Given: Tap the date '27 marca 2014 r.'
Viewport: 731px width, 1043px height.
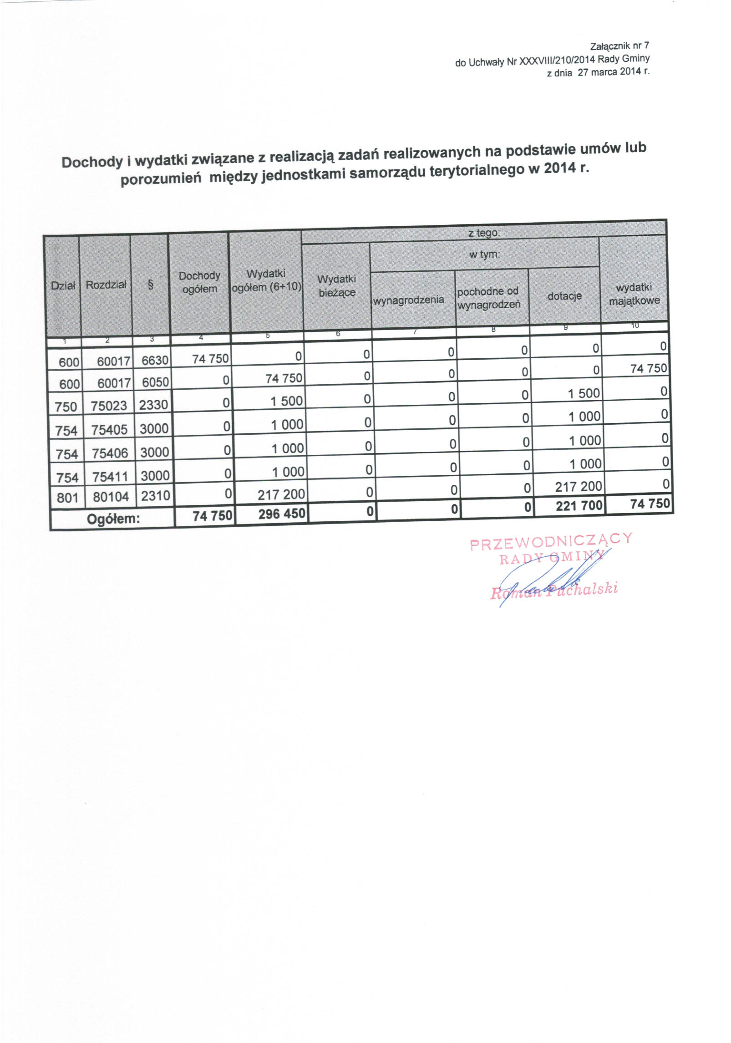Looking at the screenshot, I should [x=614, y=72].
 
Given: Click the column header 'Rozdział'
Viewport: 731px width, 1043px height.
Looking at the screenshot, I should [x=106, y=285].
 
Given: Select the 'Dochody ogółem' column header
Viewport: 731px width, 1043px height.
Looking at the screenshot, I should [x=199, y=282].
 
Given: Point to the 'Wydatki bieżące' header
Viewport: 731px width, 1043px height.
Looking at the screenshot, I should [x=337, y=286].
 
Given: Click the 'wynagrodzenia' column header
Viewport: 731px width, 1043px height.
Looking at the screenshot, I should [x=408, y=300].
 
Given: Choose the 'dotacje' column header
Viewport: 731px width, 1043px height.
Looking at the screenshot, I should [x=564, y=296].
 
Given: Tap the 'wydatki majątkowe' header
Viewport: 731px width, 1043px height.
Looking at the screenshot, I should [x=634, y=294].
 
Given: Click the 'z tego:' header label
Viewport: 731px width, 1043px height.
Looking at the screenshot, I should [x=484, y=233].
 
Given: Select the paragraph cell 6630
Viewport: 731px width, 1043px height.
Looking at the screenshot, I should [x=155, y=361].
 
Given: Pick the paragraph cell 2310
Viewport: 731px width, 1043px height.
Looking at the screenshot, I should [x=155, y=496].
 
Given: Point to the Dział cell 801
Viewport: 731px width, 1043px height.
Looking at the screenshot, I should [x=67, y=498].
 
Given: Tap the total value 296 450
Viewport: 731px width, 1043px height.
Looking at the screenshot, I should [x=282, y=514].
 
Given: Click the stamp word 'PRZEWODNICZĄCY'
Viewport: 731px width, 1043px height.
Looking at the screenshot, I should [x=551, y=541].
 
